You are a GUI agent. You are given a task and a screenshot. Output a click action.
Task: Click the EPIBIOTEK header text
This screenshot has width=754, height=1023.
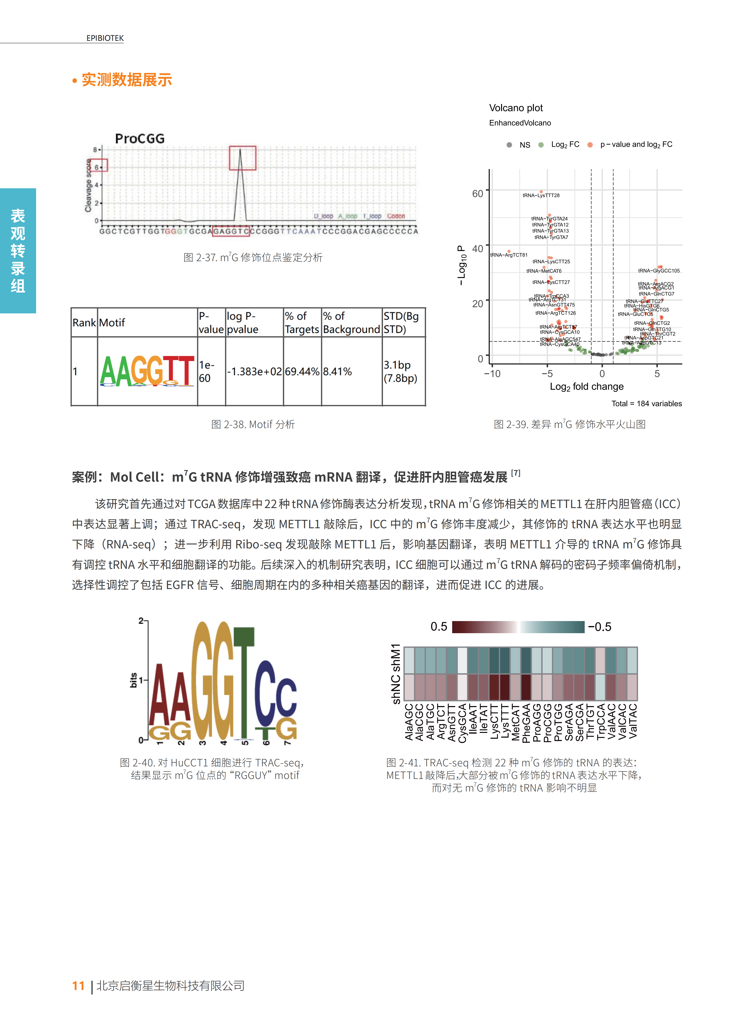point(105,38)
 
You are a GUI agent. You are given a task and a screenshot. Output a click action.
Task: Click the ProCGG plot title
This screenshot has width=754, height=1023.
point(140,139)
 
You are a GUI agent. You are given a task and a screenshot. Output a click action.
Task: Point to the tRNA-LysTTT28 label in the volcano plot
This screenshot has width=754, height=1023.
point(541,195)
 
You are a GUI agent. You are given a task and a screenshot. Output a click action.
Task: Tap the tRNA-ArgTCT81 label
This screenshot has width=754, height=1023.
point(509,255)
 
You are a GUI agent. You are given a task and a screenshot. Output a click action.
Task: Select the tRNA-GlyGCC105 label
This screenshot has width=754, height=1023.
point(659,271)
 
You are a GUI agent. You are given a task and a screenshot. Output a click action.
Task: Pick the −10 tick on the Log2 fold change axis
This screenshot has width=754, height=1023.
point(492,374)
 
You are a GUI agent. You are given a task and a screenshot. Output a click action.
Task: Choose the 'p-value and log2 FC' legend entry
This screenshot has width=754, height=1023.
point(636,145)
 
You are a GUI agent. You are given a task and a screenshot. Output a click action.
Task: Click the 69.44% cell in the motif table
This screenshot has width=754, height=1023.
point(302,371)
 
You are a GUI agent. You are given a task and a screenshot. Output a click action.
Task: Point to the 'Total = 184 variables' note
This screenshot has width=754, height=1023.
point(646,403)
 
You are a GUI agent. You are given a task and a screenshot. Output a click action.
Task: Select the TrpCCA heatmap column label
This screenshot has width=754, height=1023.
point(601,721)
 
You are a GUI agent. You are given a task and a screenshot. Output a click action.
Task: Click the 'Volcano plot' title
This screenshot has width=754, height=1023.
point(516,108)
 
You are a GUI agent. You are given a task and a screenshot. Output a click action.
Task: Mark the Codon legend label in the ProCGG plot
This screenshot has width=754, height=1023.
point(396,216)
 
